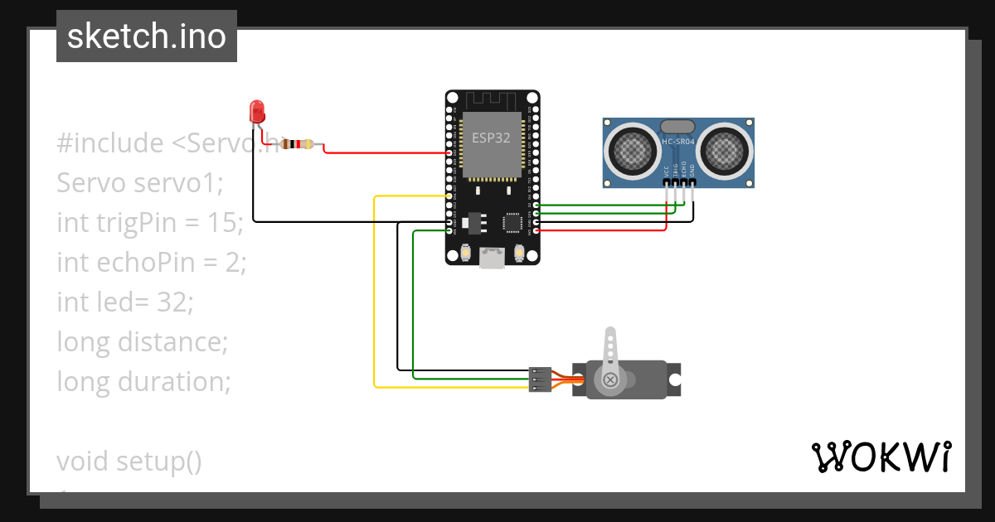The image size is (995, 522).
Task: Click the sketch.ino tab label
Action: pyautogui.click(x=146, y=36)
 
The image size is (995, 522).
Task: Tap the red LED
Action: pyautogui.click(x=257, y=110)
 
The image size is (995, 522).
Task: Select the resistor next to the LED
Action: pyautogui.click(x=298, y=144)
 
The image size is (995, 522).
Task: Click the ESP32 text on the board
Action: pyautogui.click(x=491, y=138)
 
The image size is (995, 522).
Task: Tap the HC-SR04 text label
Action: pyautogui.click(x=678, y=142)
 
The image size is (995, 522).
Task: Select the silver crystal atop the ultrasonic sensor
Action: pyautogui.click(x=677, y=126)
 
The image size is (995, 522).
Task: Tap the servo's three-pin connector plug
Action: pyautogui.click(x=539, y=379)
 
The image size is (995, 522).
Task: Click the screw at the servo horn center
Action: pyautogui.click(x=610, y=379)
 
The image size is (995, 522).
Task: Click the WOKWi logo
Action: pyautogui.click(x=881, y=457)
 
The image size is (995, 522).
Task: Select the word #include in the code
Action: pyautogui.click(x=110, y=143)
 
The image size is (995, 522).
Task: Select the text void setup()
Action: pyautogui.click(x=129, y=462)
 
